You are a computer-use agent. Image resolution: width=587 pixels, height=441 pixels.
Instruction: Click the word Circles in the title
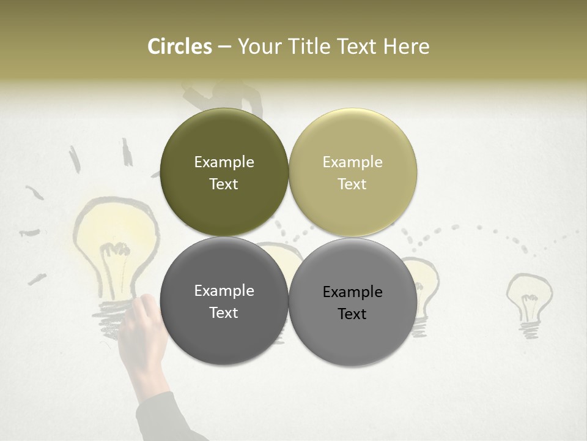coord(179,47)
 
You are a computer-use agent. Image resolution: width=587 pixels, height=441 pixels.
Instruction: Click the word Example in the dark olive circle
coord(224,162)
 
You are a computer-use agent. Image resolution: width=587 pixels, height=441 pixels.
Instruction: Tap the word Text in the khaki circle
coord(352,184)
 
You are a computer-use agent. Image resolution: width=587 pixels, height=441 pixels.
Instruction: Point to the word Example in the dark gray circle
coord(224,291)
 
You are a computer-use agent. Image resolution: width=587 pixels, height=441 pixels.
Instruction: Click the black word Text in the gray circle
coord(352,314)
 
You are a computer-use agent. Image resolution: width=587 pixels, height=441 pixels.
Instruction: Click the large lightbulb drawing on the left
coord(116,245)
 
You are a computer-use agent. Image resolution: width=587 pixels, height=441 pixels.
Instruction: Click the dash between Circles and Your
coord(224,47)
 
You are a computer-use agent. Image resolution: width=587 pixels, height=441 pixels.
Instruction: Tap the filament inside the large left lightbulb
coord(116,251)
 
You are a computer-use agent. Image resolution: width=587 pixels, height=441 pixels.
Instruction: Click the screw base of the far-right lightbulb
coord(530,328)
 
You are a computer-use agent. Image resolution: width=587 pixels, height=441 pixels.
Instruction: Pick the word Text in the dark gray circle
coord(224,313)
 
